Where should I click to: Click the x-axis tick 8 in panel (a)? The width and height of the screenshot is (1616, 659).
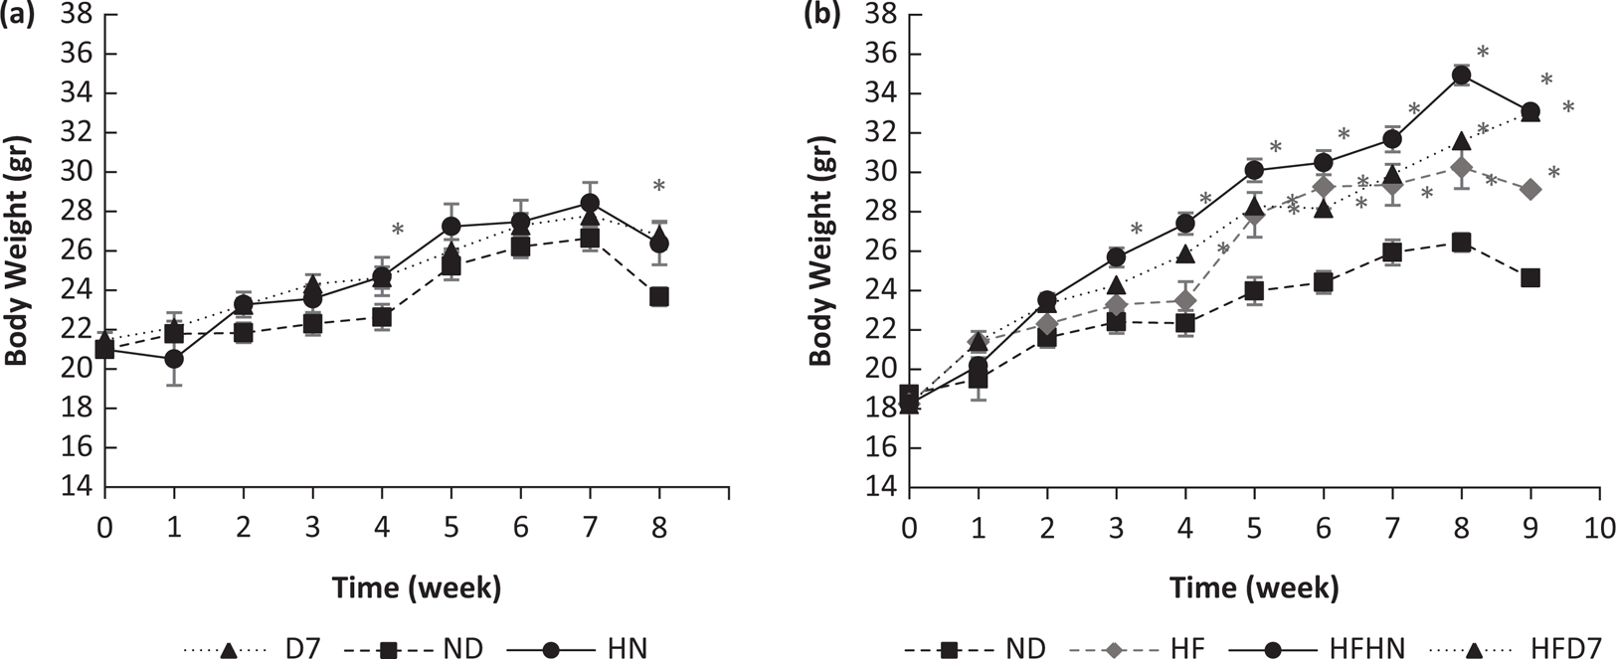pos(658,526)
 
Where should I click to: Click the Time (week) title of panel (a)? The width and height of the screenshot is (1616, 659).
pos(417,588)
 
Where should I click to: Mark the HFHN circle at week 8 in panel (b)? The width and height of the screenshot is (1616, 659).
pos(1462,75)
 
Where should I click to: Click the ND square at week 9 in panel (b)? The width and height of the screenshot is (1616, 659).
pos(1530,278)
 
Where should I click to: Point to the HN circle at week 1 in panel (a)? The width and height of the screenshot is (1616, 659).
pos(174,359)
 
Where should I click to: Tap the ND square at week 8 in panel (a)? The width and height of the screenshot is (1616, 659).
pos(658,297)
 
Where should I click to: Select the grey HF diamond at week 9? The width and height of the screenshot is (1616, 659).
pos(1530,189)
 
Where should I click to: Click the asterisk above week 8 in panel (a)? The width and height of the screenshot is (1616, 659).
pos(658,186)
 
